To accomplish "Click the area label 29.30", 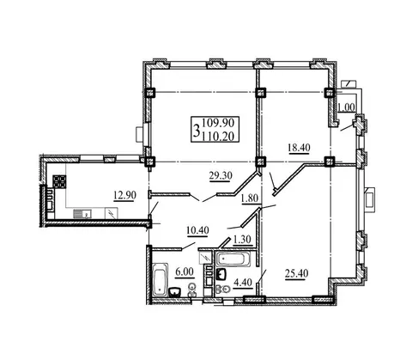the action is click(221, 175).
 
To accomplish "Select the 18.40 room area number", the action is click(299, 148).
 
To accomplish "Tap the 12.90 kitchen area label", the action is click(124, 195).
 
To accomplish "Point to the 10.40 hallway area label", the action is click(197, 230).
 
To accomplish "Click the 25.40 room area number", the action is click(297, 274).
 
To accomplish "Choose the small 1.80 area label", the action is click(250, 198).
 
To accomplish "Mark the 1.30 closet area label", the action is click(242, 239).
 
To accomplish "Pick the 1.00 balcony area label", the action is click(347, 107).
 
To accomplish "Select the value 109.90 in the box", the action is click(218, 123).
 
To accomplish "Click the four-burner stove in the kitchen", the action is click(60, 181).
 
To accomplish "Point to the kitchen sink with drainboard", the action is click(82, 214).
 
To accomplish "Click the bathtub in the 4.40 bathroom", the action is click(233, 259).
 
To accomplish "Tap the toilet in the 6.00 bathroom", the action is click(192, 290).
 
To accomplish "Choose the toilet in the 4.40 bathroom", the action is click(223, 290).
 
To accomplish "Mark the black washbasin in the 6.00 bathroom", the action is click(175, 292).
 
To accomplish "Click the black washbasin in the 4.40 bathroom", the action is click(221, 274).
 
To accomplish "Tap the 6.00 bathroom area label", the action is click(185, 272).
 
